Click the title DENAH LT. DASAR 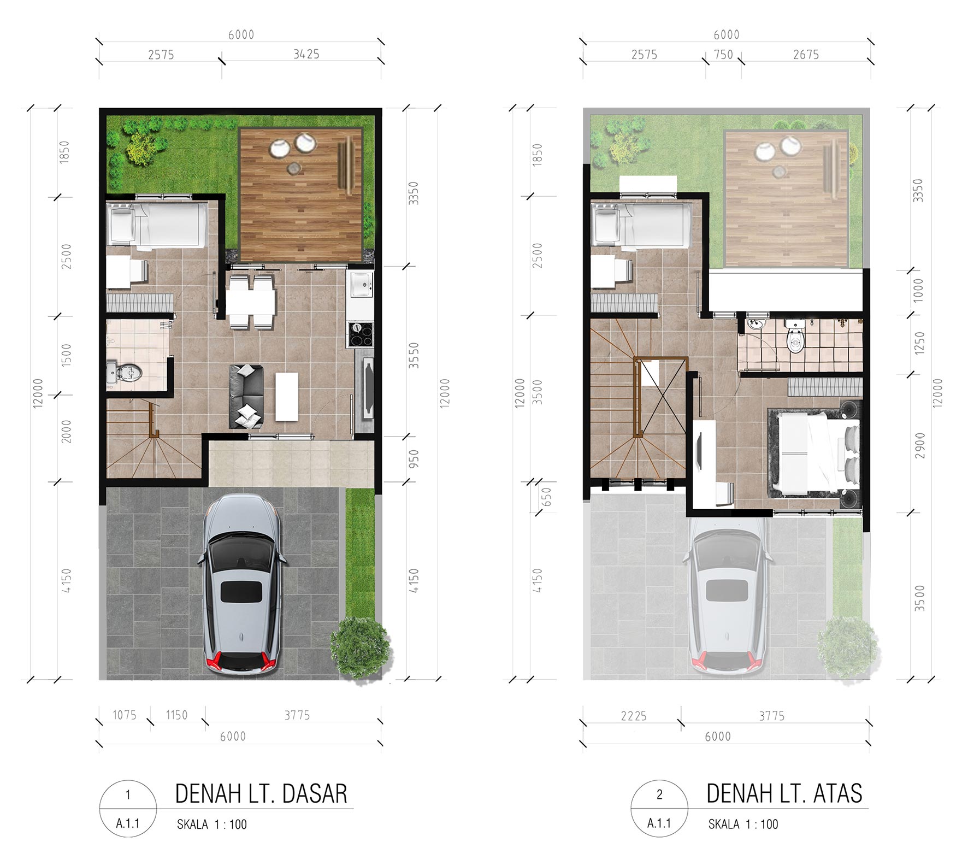[x=261, y=794]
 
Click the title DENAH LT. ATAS [x=784, y=794]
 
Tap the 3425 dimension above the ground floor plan [x=306, y=54]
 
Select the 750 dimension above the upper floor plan [x=723, y=55]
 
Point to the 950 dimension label [x=414, y=458]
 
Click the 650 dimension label [x=547, y=497]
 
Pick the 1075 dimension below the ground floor [x=125, y=715]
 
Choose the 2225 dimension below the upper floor [x=634, y=716]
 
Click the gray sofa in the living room [x=246, y=396]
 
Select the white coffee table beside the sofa [x=287, y=397]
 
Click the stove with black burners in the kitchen [x=361, y=335]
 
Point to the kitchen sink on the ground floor [x=361, y=284]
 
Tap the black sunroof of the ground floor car [x=241, y=592]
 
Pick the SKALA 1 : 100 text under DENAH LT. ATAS [x=743, y=824]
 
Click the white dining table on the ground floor [x=251, y=302]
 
